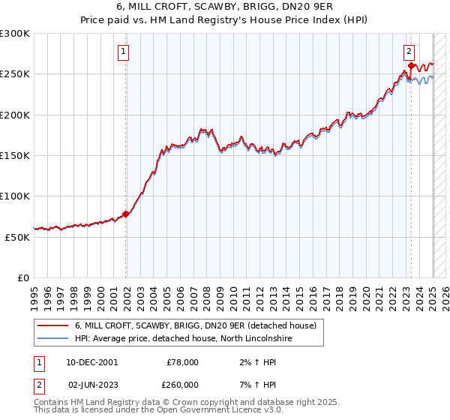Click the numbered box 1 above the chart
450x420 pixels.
tap(122, 52)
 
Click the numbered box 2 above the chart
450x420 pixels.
tap(409, 52)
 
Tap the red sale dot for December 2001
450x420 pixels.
tap(126, 214)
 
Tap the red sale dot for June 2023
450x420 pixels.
tap(411, 66)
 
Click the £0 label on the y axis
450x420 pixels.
tap(23, 277)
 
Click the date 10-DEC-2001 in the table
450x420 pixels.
tap(91, 362)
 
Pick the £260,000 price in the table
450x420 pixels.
tap(181, 385)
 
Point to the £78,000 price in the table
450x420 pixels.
tap(181, 362)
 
